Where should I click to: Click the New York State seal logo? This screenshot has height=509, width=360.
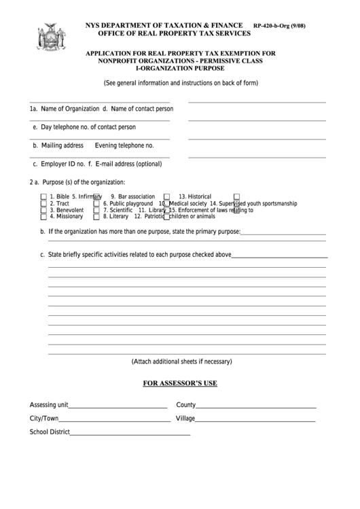pos(48,39)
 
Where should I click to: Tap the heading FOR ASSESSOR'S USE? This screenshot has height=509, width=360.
pos(180,383)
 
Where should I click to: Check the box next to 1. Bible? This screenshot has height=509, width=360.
pos(43,196)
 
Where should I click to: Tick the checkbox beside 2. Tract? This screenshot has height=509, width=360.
pos(43,203)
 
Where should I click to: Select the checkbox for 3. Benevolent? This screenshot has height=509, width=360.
pos(43,210)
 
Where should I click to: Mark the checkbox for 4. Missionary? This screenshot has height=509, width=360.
pos(43,217)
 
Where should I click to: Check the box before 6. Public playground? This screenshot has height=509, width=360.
pos(97,203)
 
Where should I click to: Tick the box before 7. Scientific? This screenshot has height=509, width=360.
pos(97,210)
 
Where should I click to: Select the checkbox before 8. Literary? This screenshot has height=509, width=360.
pos(97,217)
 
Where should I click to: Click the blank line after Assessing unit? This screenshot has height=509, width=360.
pos(118,406)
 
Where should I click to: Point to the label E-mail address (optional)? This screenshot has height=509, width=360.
pos(129,164)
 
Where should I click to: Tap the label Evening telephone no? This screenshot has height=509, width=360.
pos(124,145)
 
